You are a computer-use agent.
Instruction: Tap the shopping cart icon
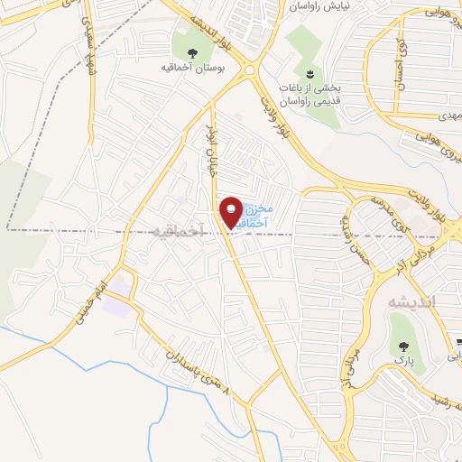point(457,342)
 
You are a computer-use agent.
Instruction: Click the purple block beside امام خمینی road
point(115,310)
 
